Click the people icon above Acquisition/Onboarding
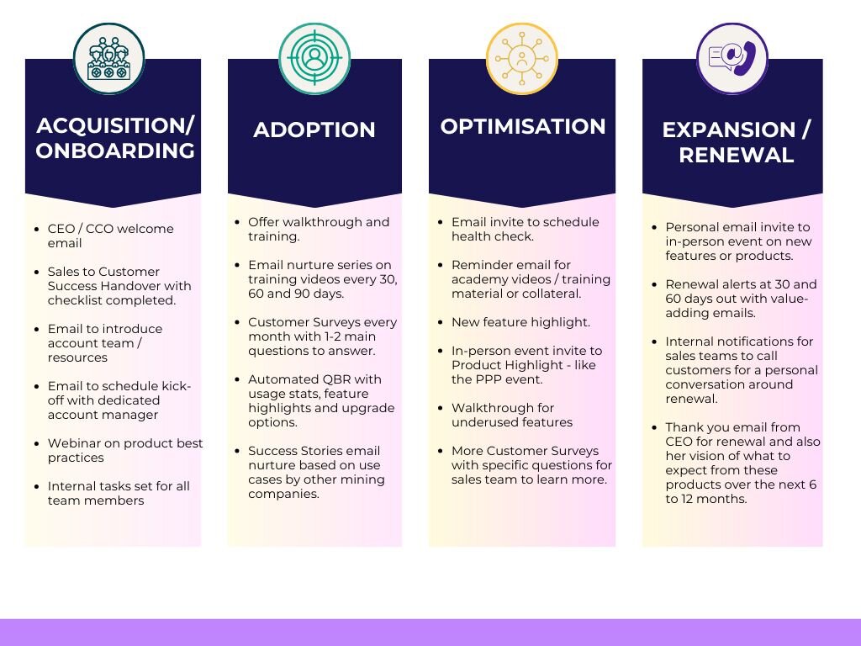(x=108, y=58)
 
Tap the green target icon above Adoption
(x=314, y=58)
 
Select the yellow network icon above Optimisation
(x=521, y=58)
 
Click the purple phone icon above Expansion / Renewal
(x=732, y=58)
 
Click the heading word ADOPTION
(x=314, y=130)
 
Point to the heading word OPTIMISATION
(x=523, y=126)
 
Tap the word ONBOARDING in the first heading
(x=115, y=151)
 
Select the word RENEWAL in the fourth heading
(x=737, y=155)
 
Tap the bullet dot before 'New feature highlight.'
(x=441, y=322)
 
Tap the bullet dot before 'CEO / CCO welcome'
(x=37, y=229)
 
